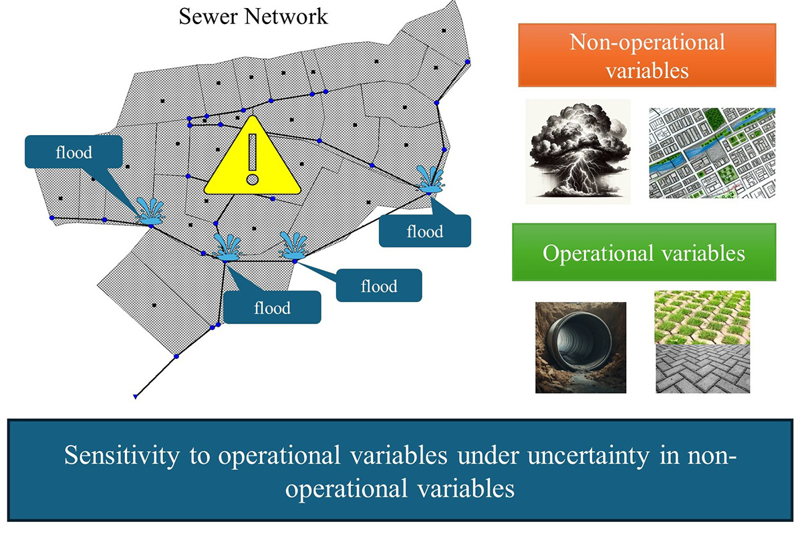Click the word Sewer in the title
208,17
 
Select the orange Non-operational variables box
647,55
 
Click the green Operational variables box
644,253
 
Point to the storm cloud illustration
578,152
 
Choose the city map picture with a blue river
712,153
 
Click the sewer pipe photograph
581,348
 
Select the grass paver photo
702,317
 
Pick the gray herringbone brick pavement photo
702,369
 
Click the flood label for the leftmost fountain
74,152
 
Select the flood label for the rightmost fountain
425,231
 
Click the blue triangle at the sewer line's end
135,396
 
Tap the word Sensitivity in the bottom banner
122,455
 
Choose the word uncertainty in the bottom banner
589,455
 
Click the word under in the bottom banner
489,455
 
